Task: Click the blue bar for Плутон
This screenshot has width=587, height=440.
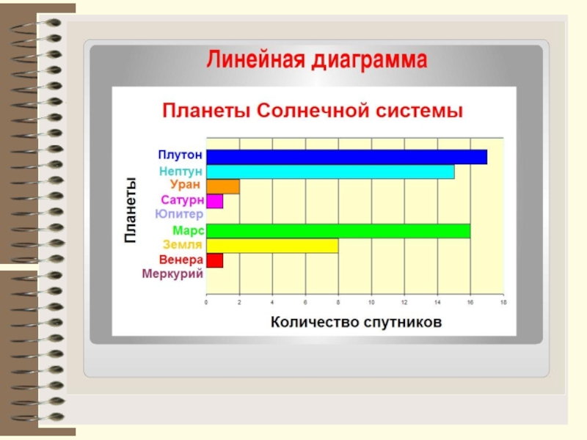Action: [346, 157]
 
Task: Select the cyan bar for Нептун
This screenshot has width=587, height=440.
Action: [330, 172]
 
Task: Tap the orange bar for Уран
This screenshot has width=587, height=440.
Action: [223, 187]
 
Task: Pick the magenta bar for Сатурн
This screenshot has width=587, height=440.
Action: [214, 201]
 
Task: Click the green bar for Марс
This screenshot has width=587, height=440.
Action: [338, 231]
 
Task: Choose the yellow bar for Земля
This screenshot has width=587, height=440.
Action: [272, 246]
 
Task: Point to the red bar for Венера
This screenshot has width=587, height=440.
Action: [214, 260]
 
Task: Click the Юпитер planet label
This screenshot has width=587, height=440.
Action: [179, 214]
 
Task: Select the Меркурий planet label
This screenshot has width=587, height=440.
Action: [172, 274]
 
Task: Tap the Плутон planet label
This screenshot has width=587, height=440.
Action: [180, 155]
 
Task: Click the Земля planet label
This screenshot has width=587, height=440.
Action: [183, 245]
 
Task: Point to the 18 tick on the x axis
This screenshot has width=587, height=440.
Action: [503, 302]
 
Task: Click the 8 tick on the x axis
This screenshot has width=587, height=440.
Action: [338, 302]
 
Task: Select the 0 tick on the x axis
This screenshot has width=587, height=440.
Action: [206, 302]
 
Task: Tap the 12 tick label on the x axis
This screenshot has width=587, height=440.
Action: [404, 302]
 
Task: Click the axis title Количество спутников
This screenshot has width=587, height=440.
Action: [356, 322]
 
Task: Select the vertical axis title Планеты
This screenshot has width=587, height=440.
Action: [130, 210]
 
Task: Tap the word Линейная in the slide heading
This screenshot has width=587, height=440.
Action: [255, 59]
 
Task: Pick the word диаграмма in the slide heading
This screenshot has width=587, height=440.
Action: [370, 61]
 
